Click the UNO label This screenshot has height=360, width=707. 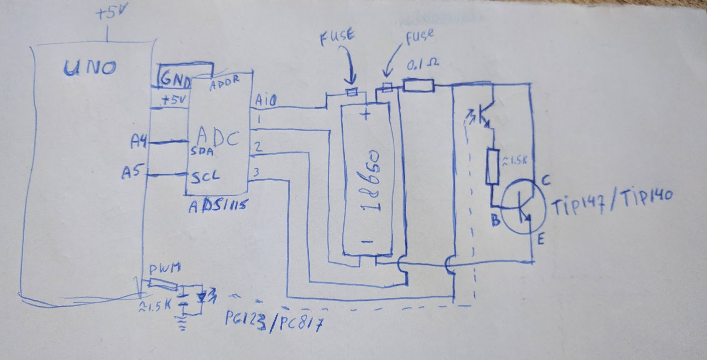(90, 68)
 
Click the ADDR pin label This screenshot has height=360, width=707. (225, 83)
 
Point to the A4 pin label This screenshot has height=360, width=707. (139, 143)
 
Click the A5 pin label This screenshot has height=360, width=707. (132, 172)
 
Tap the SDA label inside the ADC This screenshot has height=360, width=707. (202, 151)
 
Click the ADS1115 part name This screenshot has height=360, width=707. (218, 206)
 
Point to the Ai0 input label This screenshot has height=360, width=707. (265, 101)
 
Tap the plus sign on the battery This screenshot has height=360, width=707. (366, 114)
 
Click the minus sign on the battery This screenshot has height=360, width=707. (367, 242)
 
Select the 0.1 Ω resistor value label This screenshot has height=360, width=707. (422, 65)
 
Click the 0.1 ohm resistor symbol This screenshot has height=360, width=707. (418, 86)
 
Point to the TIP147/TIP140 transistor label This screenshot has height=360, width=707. (611, 201)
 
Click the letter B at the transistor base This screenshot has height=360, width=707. (495, 220)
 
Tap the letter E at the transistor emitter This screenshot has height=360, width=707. (540, 239)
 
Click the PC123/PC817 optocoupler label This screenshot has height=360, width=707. (274, 321)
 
